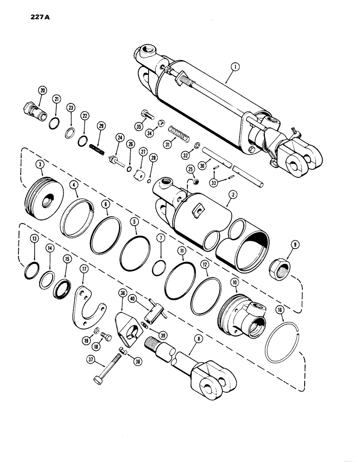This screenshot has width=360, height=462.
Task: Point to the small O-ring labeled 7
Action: [160, 267]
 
